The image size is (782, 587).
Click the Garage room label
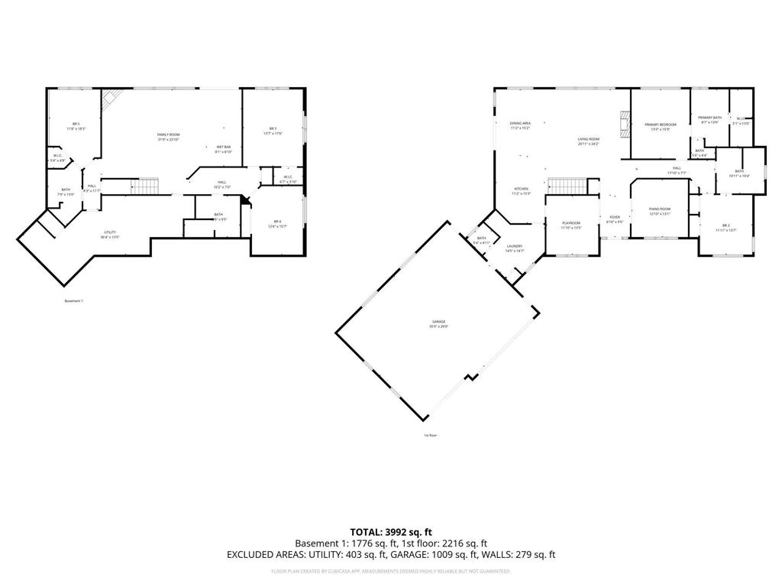coord(438,322)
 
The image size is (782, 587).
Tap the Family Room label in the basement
coord(168,135)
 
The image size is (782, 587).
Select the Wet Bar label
coord(224,147)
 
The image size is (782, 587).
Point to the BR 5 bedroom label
coord(76,125)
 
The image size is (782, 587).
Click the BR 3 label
coord(273,128)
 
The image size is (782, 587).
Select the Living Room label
coord(588,139)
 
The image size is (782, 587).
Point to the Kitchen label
coord(521,189)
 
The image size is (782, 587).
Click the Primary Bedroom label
coord(660,125)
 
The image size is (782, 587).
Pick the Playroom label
coord(572,223)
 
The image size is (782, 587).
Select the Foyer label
coord(615,217)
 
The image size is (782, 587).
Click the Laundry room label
coord(514,246)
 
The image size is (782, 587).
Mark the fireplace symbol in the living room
coord(625,125)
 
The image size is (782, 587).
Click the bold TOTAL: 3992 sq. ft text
coord(390,531)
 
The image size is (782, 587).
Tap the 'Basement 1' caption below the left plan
coord(74,301)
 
